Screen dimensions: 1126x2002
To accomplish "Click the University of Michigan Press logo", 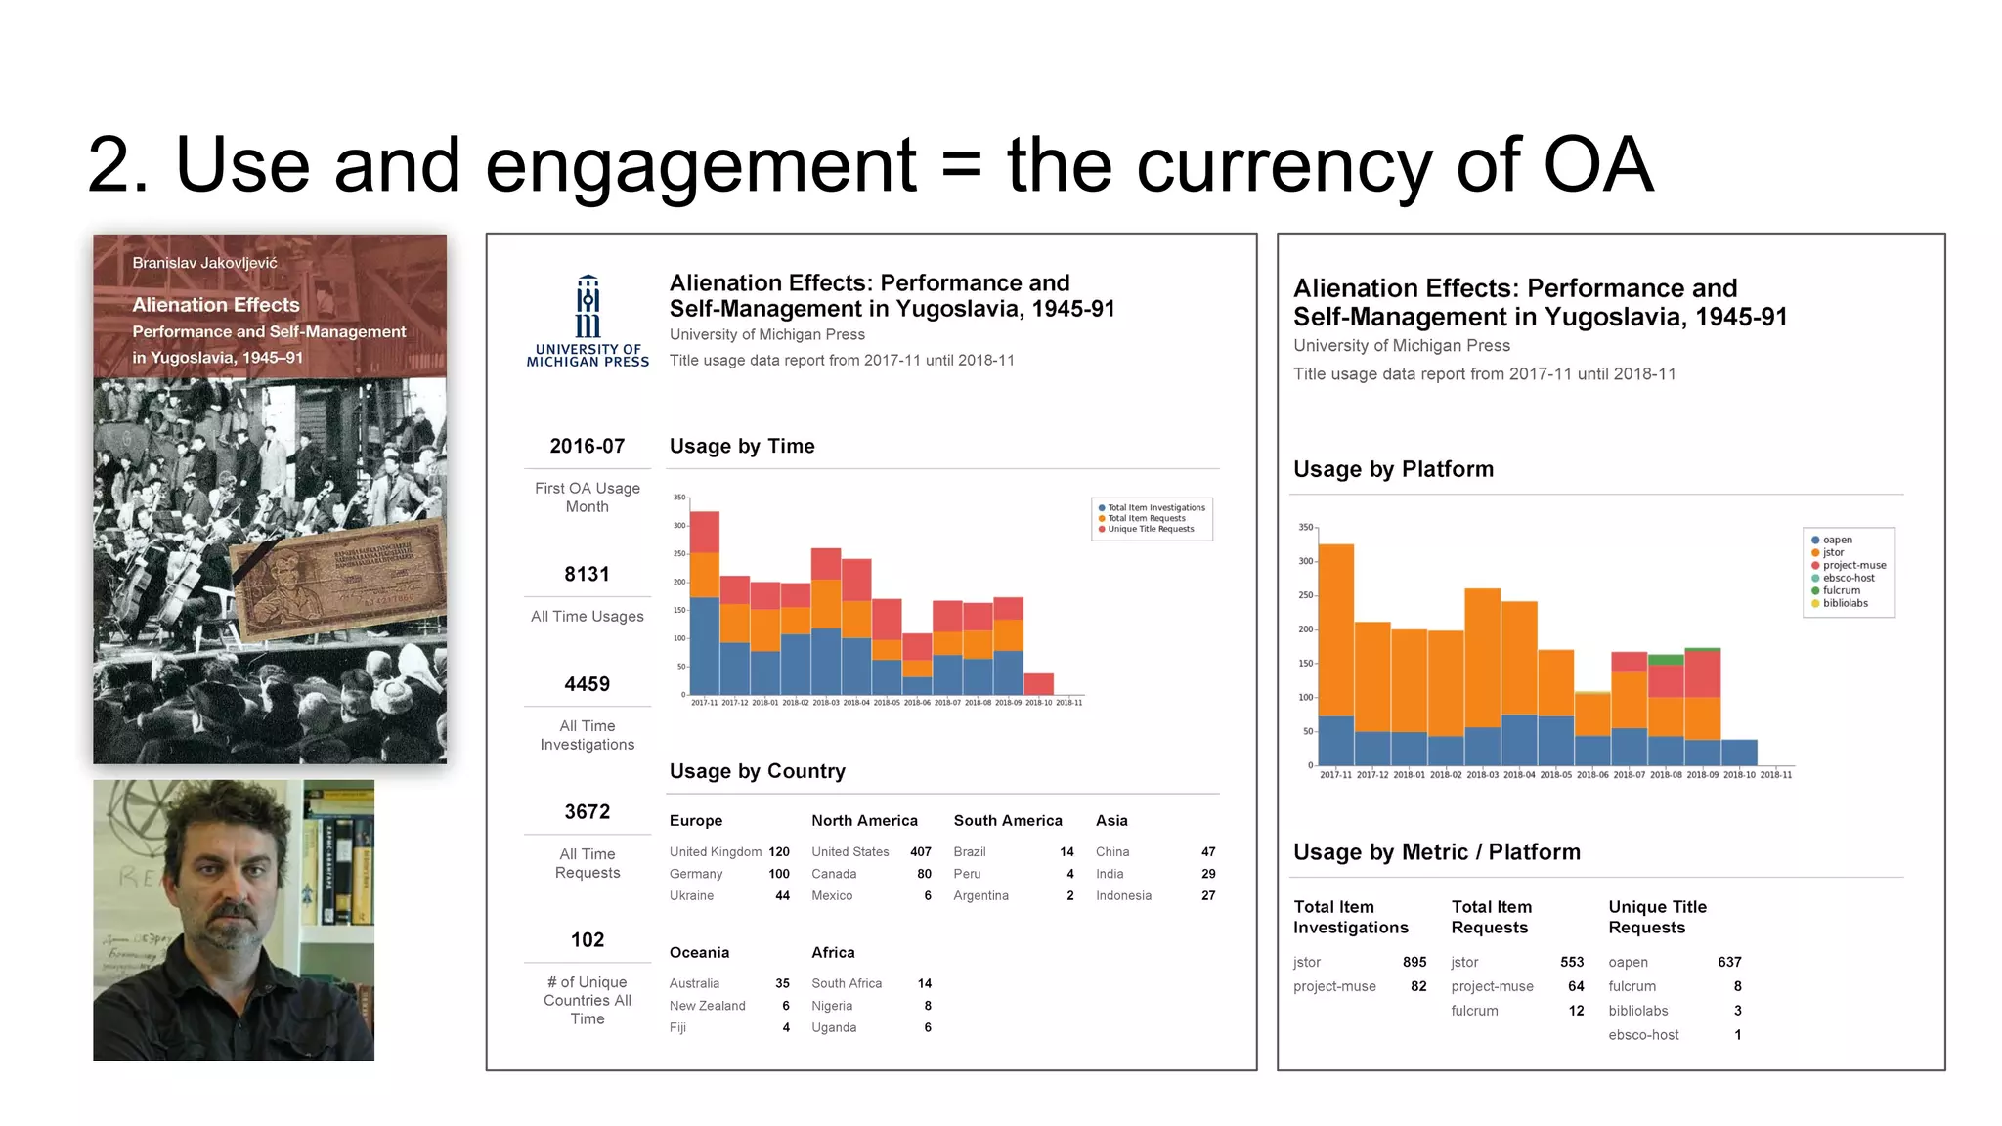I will coord(588,321).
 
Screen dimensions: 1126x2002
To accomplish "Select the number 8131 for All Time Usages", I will coord(587,574).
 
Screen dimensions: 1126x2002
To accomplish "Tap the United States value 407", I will coord(920,851).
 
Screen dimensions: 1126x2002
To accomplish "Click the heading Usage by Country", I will coord(757,771).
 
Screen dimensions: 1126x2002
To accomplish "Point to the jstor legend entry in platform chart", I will coord(1833,552).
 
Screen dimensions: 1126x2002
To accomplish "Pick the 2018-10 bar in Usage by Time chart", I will coord(1038,683).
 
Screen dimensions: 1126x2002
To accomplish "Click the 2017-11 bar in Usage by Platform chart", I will coord(1336,655).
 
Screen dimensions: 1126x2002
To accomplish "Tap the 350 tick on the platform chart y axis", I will coord(1305,527).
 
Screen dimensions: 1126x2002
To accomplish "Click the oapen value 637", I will coord(1728,962).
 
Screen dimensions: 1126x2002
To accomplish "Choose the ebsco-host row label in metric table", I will coord(1643,1034).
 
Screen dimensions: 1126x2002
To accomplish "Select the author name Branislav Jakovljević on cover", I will coord(204,263).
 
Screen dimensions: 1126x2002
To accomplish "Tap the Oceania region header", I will coord(699,952).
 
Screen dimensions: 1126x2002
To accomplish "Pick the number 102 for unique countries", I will coord(587,939).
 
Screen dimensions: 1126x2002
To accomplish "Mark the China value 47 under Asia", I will coord(1207,851).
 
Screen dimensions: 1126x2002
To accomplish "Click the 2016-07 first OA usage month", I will coord(587,446).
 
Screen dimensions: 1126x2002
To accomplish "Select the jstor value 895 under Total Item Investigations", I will coord(1414,962).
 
